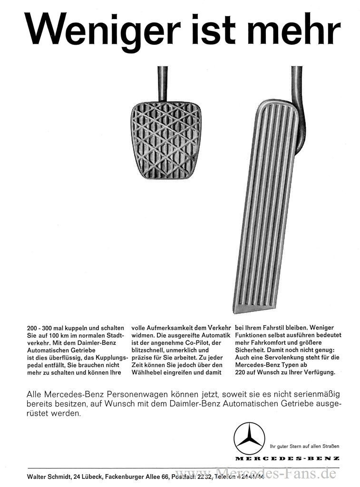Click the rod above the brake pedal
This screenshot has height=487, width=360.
tap(162, 83)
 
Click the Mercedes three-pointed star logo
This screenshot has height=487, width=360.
tap(249, 438)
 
